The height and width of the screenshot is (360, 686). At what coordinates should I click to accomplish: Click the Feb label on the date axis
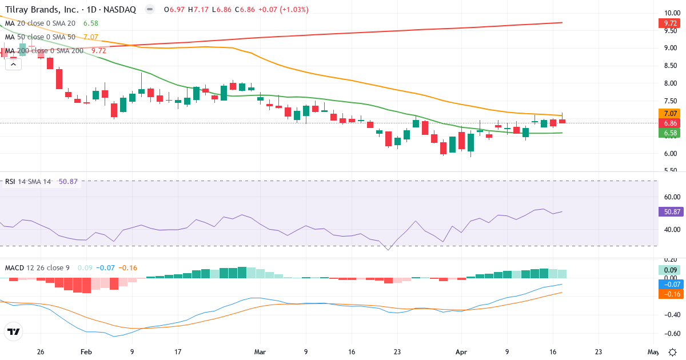coord(86,352)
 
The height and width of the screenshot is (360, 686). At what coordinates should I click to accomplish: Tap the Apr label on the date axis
coord(461,352)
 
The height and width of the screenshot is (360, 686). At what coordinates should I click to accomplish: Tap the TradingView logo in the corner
coord(14,331)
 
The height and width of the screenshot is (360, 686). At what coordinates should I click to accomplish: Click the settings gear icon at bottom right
coord(673,352)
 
